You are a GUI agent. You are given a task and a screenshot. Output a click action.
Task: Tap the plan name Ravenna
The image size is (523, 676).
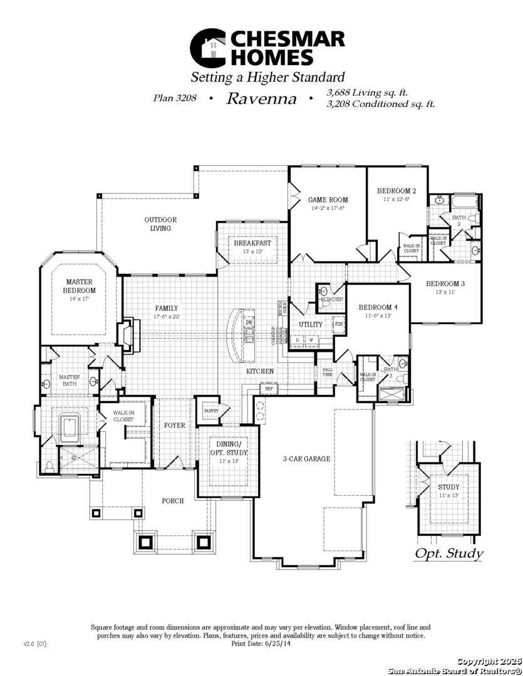click(261, 98)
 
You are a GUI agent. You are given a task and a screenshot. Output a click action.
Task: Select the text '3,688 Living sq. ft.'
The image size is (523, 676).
click(367, 93)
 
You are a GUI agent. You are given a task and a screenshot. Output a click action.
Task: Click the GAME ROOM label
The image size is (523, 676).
click(328, 200)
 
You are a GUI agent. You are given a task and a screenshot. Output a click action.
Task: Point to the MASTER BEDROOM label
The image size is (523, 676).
click(80, 286)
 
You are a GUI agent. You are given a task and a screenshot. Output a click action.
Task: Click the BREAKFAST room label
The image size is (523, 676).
click(252, 243)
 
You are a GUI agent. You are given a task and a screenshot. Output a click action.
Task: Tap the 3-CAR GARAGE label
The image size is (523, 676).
click(306, 459)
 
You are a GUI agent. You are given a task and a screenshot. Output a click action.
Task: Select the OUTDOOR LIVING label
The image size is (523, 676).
click(160, 224)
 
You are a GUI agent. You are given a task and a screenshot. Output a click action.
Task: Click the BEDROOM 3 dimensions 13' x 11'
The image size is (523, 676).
click(445, 292)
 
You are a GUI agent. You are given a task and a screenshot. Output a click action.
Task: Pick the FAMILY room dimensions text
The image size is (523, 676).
click(167, 317)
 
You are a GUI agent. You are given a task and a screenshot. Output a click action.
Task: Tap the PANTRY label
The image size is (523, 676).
click(210, 411)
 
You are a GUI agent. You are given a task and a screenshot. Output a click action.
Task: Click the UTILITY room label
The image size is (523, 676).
click(310, 324)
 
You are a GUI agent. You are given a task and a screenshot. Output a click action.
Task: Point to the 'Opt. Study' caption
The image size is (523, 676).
click(448, 553)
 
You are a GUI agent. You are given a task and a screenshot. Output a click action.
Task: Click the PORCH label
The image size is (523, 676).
click(173, 501)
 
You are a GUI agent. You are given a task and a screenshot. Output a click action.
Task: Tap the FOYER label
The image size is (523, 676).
click(174, 426)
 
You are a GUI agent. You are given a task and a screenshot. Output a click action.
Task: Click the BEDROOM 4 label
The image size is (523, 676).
click(378, 307)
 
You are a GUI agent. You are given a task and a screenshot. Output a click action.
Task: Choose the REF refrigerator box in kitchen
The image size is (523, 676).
click(269, 389)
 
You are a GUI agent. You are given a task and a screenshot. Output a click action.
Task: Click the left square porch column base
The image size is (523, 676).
click(96, 513)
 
